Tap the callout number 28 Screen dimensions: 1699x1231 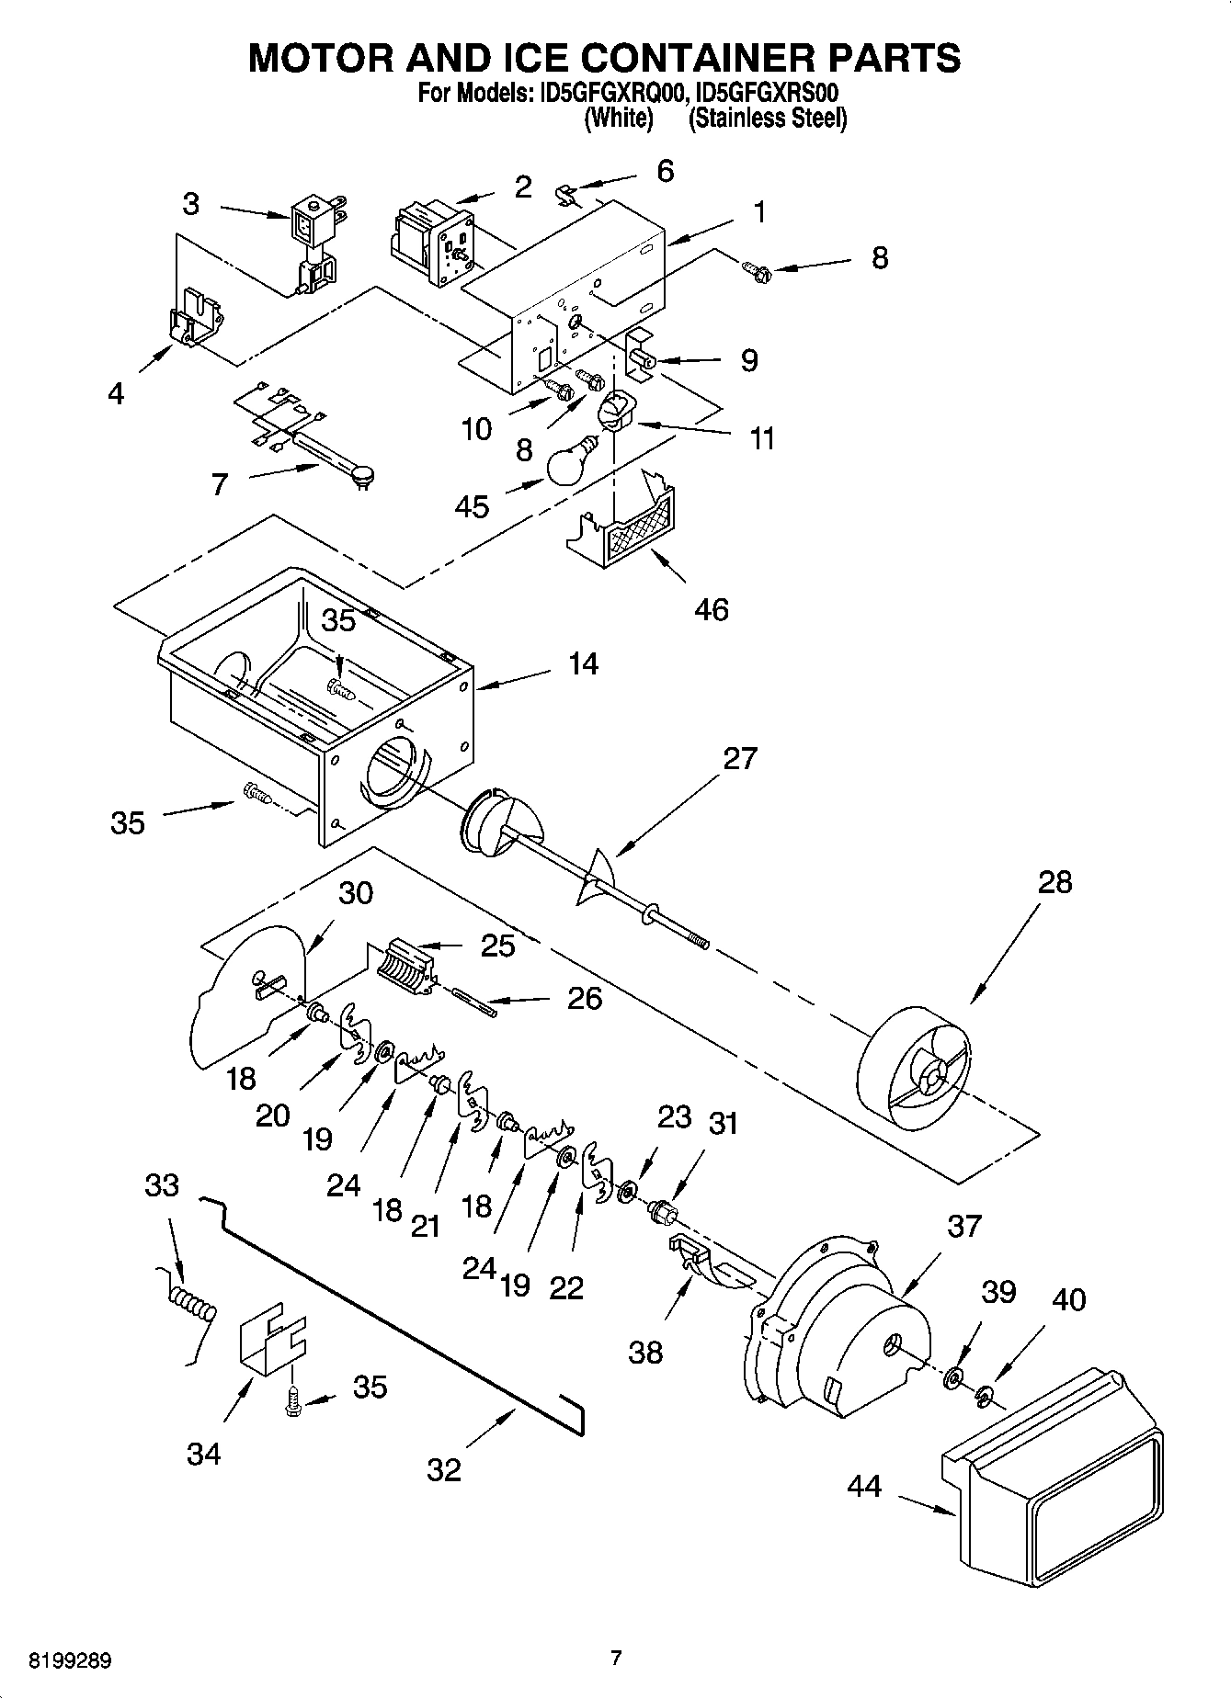click(x=1054, y=882)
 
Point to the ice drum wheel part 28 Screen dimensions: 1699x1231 click(x=915, y=1071)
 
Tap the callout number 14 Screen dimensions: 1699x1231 click(x=583, y=663)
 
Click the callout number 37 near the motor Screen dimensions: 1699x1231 click(x=963, y=1225)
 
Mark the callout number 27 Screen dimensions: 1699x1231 click(x=740, y=758)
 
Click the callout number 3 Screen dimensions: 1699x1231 click(x=190, y=203)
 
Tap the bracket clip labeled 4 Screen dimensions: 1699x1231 click(x=196, y=318)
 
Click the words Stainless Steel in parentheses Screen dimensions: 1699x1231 click(x=768, y=119)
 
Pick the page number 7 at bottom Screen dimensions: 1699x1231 click(x=616, y=1659)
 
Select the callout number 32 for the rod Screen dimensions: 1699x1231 click(x=443, y=1470)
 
